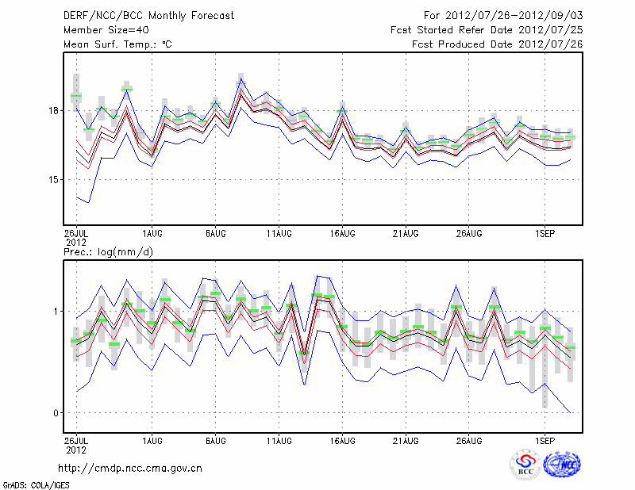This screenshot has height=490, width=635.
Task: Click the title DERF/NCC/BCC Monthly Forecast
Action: point(149,16)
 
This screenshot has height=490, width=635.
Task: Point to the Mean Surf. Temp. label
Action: point(117,44)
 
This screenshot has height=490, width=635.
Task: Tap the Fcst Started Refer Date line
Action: point(487,30)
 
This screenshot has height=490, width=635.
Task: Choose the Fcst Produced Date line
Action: point(497,44)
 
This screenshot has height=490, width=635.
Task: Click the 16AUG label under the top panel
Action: point(342,234)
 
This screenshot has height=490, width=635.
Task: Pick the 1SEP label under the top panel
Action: point(545,234)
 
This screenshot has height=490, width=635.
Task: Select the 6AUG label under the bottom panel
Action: point(215,440)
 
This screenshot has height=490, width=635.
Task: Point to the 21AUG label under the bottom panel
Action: point(406,440)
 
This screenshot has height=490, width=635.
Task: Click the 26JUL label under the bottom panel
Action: point(76,440)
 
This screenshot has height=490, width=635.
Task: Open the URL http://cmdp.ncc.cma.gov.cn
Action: point(130,468)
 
